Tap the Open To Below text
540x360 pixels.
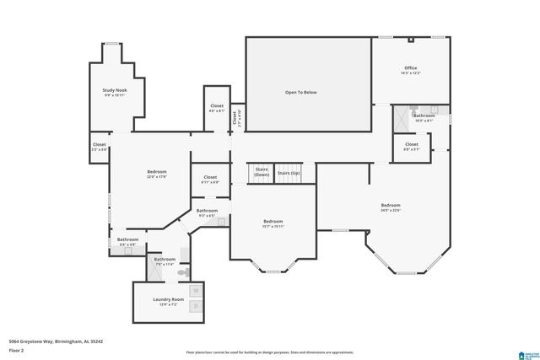300,91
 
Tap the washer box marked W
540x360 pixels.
196,290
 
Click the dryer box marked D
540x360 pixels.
196,305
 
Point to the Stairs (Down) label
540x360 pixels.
262,171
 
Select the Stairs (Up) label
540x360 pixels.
289,173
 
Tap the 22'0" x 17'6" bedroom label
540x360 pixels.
157,174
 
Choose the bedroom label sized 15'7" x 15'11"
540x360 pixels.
273,223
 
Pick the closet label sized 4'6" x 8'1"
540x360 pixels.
216,108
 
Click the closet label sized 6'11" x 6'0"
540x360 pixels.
210,179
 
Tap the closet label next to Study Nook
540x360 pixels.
100,147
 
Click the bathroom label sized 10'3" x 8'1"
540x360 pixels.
423,117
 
